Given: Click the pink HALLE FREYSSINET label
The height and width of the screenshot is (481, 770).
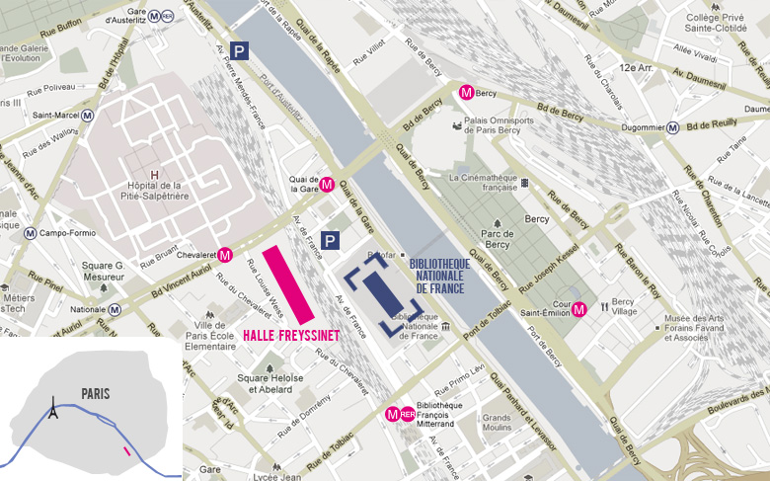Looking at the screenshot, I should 290,336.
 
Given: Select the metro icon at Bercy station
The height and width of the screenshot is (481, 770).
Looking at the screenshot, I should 467,93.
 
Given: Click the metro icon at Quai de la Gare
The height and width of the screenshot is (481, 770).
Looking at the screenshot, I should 327,183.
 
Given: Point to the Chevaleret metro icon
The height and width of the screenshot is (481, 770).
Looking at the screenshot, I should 225,255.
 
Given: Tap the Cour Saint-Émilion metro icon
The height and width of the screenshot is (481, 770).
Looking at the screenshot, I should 579,309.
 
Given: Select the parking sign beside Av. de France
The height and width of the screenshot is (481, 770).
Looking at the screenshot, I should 331,240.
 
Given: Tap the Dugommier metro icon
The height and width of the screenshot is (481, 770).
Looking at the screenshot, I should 672,127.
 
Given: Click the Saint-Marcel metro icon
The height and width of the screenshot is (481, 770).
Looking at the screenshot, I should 88,115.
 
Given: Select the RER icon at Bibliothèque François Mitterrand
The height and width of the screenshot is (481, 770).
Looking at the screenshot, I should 409,414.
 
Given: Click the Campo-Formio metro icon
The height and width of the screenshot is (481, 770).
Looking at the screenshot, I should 30,234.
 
